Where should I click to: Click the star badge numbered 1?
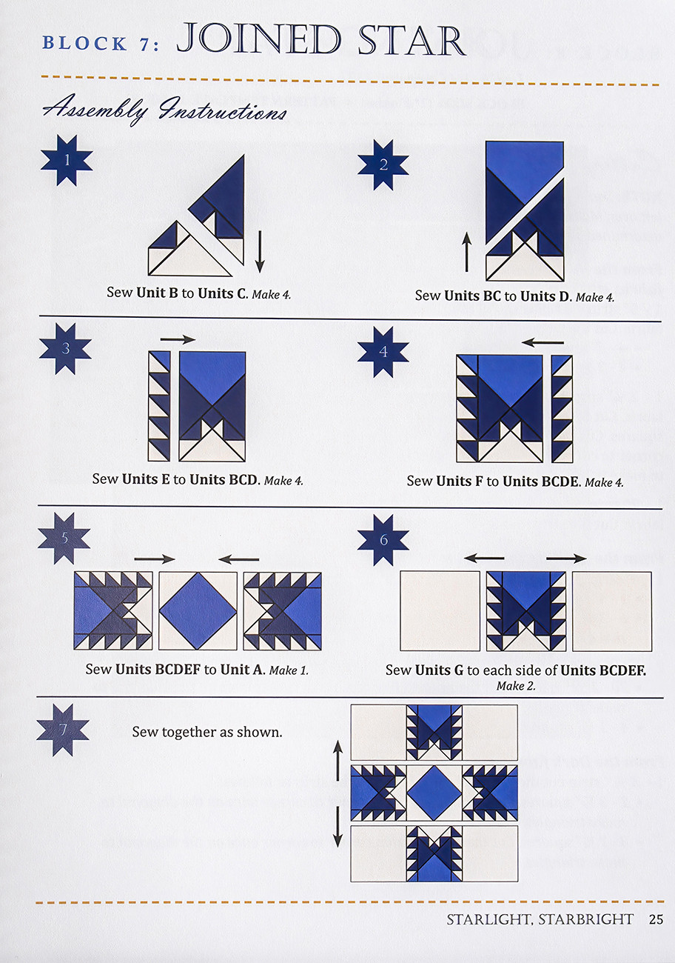67,160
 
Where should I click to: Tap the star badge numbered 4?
383,352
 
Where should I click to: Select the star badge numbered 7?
63,730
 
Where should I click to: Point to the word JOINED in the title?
259,39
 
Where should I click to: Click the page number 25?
656,919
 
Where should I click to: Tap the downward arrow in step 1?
259,252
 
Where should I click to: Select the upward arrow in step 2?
466,252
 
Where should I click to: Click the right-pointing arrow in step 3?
178,339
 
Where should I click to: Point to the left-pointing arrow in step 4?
543,343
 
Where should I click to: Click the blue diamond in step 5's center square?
198,610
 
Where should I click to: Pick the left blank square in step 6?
440,611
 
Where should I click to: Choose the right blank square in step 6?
612,611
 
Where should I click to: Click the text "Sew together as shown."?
207,732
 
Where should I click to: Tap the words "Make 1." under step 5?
289,670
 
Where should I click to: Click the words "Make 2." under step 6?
516,686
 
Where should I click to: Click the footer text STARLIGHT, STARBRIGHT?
540,919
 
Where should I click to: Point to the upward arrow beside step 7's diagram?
338,761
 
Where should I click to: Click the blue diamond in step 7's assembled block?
434,793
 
